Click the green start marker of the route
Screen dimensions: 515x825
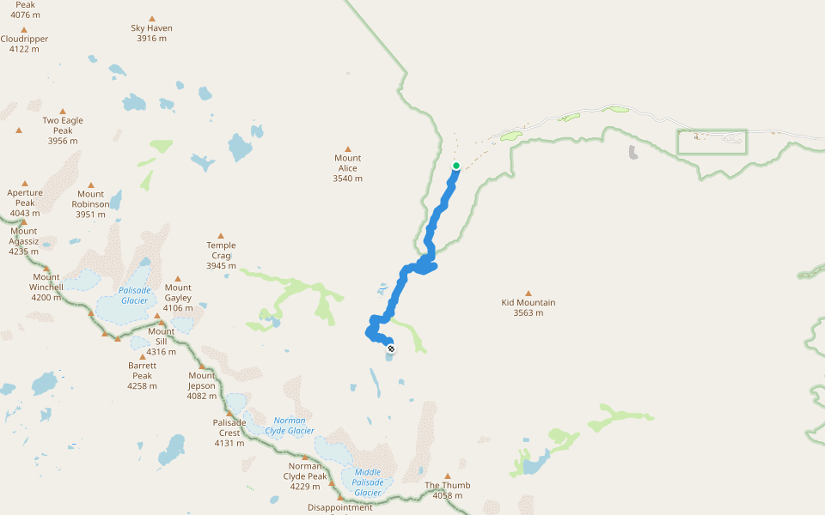coord(455,166)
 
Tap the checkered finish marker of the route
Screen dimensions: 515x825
coord(391,348)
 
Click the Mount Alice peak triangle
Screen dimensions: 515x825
coord(348,149)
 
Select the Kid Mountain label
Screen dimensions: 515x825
coord(529,307)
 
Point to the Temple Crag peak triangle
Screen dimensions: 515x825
coord(221,236)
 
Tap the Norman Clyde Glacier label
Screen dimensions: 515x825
coord(290,426)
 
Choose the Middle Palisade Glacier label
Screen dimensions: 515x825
coord(368,482)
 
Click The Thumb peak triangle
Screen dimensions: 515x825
coord(447,476)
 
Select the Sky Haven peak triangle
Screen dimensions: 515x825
coord(152,19)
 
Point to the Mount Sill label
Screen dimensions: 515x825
coord(162,342)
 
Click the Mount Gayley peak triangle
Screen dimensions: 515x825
coord(178,278)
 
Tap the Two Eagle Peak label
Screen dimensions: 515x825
coord(63,130)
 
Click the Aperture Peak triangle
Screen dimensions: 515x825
coord(25,184)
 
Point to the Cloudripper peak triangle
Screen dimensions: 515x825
coord(24,30)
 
